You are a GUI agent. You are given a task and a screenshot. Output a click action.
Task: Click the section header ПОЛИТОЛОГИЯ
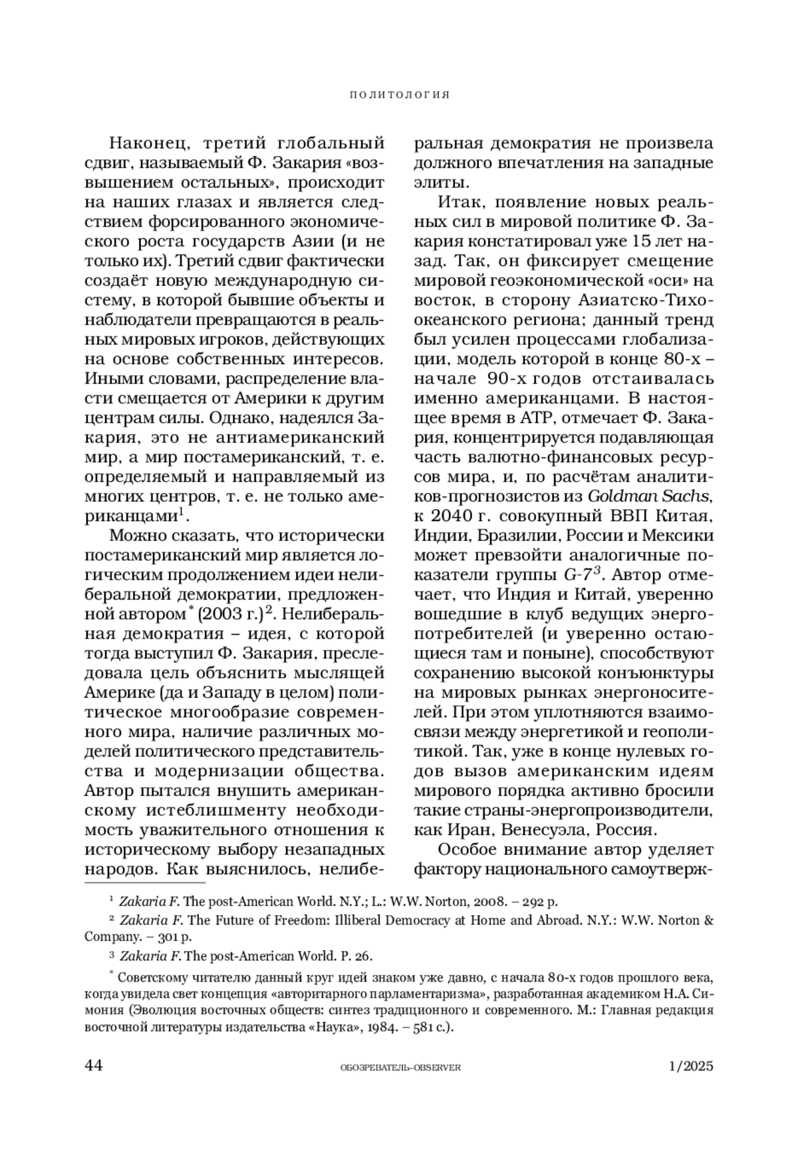[400, 95]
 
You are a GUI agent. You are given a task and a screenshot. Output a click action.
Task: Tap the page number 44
[94, 1066]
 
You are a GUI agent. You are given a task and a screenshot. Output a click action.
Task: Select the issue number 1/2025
[690, 1066]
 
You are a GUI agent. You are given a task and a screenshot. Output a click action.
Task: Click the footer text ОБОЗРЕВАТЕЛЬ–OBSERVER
[400, 1067]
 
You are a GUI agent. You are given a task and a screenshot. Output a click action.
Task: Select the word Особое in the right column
[473, 849]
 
